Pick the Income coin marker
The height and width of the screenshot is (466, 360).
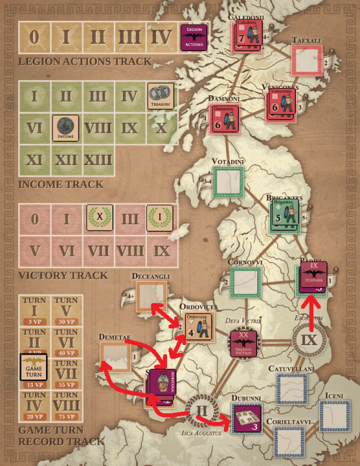click(66, 127)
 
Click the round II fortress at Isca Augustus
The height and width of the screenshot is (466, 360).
click(200, 413)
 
